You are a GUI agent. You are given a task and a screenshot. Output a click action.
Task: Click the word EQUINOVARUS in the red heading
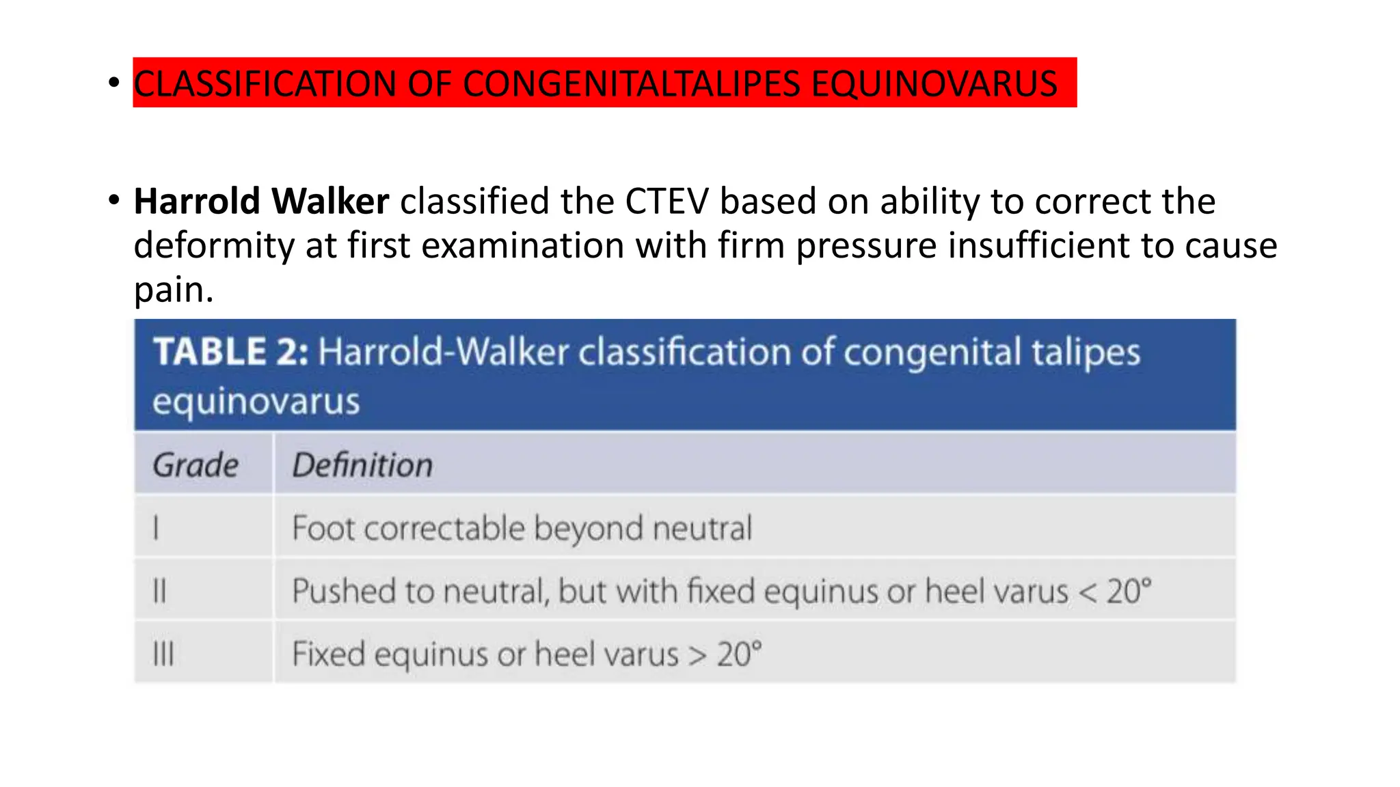click(x=934, y=84)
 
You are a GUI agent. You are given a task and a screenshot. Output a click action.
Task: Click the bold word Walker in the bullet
click(x=330, y=202)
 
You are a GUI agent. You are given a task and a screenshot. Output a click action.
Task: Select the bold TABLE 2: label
click(x=230, y=352)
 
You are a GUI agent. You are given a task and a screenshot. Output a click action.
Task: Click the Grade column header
click(x=196, y=465)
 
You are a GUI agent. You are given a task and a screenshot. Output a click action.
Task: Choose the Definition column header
click(x=362, y=465)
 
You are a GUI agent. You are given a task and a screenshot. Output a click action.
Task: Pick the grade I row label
click(x=157, y=528)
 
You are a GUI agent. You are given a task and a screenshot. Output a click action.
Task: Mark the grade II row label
click(x=159, y=591)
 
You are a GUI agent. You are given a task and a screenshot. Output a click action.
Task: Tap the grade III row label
click(x=163, y=654)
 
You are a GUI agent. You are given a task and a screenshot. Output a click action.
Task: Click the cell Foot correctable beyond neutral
click(x=522, y=528)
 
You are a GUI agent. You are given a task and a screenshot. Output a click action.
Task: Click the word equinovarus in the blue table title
click(x=256, y=401)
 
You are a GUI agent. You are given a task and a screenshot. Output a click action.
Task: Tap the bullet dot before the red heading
click(x=114, y=83)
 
